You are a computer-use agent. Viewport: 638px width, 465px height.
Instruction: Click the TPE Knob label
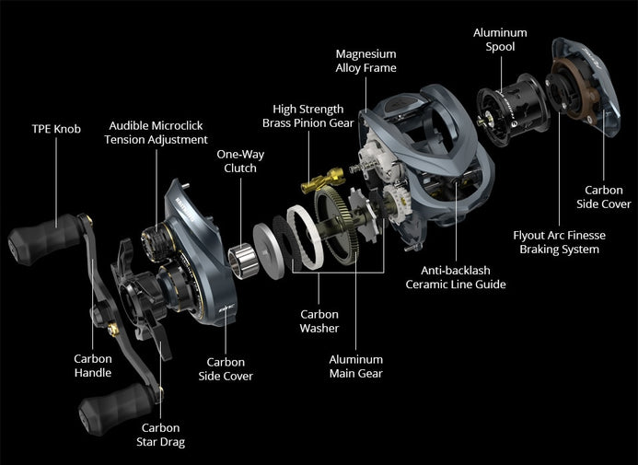click(56, 129)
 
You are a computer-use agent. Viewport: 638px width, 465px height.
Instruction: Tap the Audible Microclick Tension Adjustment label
click(156, 133)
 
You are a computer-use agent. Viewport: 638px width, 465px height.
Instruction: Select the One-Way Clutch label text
click(240, 161)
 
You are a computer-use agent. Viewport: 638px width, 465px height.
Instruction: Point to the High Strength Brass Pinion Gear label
click(308, 116)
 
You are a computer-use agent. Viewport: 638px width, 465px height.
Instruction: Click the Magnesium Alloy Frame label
click(365, 61)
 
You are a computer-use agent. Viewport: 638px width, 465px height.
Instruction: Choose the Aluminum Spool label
click(500, 40)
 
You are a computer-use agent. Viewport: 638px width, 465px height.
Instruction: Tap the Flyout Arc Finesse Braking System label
click(559, 242)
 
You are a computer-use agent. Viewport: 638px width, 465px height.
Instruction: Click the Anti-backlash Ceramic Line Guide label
click(456, 277)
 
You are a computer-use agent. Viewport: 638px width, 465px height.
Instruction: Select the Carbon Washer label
click(319, 321)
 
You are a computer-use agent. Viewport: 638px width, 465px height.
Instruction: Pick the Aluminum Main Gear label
click(356, 366)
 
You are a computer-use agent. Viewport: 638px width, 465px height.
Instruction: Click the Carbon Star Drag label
click(160, 435)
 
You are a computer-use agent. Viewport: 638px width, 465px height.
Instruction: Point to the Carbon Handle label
click(93, 366)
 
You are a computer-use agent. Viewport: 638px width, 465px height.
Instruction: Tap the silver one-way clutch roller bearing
click(243, 262)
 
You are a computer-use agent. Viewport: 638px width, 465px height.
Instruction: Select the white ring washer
click(305, 238)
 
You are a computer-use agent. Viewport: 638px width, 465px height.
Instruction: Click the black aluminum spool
click(514, 110)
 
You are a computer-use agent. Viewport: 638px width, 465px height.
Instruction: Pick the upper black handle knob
click(44, 239)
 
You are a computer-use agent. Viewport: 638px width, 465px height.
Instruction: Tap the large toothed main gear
click(337, 225)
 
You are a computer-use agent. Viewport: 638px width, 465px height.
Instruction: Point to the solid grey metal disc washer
click(268, 251)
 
